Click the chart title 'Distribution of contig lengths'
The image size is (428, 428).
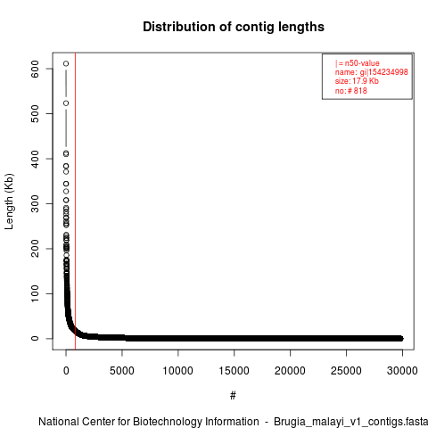tap(234, 27)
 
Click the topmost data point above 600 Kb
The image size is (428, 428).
tap(66, 63)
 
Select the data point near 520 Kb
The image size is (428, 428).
tap(66, 103)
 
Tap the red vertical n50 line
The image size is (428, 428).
tap(75, 201)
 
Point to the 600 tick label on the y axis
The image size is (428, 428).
tap(35, 69)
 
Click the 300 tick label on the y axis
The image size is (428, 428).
tap(35, 203)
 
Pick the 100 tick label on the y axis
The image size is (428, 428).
tap(35, 293)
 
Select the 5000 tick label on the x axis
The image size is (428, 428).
tap(122, 371)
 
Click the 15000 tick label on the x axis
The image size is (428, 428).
tap(234, 371)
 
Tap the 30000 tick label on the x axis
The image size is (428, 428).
tap(402, 371)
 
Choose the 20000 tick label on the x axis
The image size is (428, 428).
tap(290, 371)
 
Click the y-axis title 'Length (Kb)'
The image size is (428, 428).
tap(9, 202)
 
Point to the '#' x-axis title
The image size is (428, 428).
tap(233, 396)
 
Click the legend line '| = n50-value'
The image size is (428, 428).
tap(358, 63)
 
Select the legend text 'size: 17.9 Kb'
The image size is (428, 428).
tap(357, 81)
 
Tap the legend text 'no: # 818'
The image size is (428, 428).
tap(351, 90)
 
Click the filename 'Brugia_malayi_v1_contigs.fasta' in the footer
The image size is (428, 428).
tap(350, 422)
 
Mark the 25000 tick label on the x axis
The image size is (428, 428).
tap(346, 371)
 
